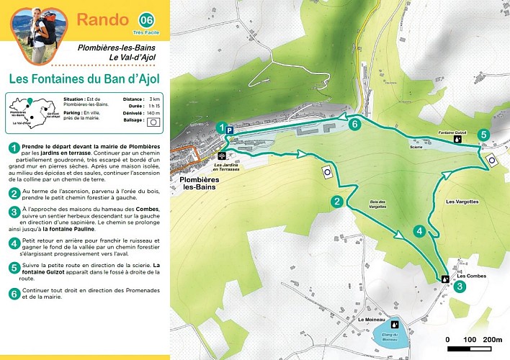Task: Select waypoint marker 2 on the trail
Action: (x=336, y=202)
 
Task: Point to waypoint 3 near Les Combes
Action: (x=460, y=286)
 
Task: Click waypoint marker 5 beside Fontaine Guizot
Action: (x=483, y=135)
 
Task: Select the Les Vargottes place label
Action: (x=462, y=202)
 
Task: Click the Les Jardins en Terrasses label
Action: (x=229, y=167)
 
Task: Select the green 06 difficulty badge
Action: (x=146, y=19)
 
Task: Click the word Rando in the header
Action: (x=102, y=19)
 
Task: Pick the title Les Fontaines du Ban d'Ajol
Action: (x=85, y=77)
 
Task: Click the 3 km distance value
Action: (x=154, y=99)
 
